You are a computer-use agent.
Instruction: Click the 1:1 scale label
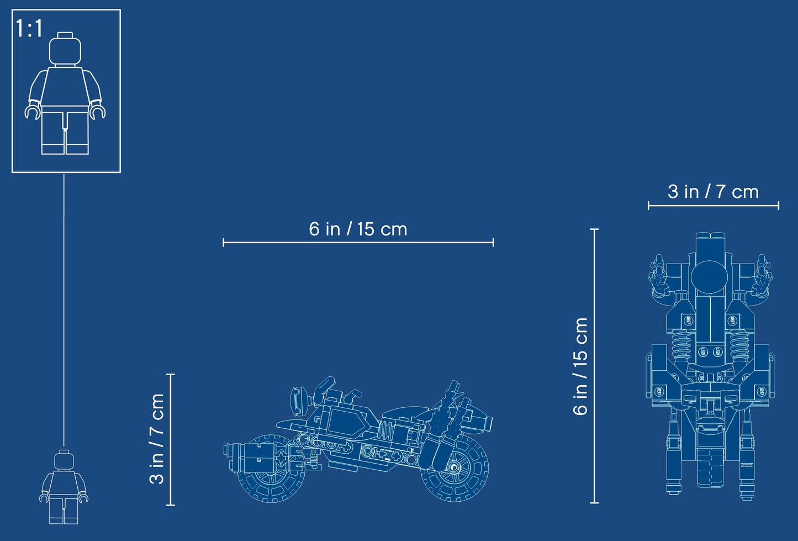click(x=29, y=28)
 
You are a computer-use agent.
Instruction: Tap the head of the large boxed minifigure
click(x=65, y=49)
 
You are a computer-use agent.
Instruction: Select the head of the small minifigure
click(x=64, y=460)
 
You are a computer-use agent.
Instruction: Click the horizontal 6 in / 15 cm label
click(x=358, y=229)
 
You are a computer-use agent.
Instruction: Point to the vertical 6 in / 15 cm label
click(x=580, y=366)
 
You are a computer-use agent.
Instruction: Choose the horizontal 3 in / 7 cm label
click(x=713, y=192)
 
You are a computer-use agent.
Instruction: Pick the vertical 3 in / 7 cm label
click(x=156, y=439)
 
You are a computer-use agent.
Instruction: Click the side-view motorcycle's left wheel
click(x=270, y=469)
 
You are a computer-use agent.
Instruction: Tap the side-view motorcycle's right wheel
click(x=455, y=468)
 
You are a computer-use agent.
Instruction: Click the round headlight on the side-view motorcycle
click(x=298, y=402)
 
